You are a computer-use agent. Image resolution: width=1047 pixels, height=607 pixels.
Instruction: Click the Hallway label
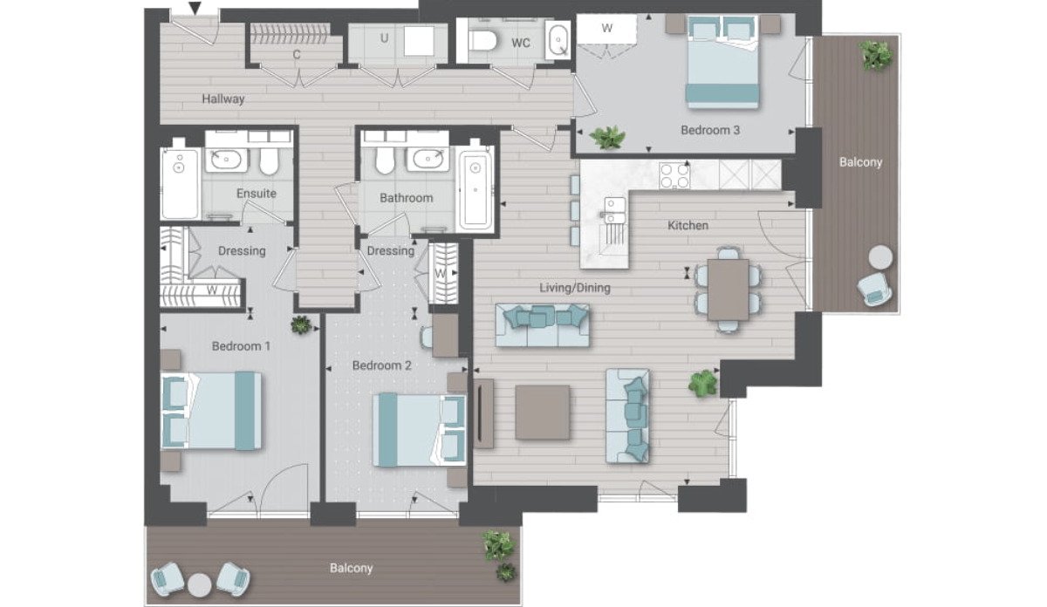tap(223, 99)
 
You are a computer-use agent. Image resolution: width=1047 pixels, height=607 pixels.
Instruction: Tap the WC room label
tap(521, 44)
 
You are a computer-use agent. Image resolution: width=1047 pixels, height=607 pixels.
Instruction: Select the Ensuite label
tap(257, 194)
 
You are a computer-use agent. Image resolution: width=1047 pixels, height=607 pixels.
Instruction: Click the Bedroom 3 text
tap(710, 130)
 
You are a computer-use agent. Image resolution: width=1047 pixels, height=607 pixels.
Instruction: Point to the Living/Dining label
tap(575, 288)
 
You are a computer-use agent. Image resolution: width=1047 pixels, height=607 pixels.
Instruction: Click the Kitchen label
tap(688, 226)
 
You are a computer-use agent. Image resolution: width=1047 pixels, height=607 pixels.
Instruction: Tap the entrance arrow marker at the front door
tap(195, 8)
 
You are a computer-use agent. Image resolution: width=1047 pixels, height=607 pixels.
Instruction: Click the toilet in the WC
tap(482, 41)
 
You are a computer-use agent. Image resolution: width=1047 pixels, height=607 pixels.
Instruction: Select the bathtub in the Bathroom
tap(476, 189)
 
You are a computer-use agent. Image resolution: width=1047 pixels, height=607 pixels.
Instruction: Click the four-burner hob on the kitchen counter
tap(674, 175)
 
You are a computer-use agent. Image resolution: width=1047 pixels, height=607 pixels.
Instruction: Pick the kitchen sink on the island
tap(614, 210)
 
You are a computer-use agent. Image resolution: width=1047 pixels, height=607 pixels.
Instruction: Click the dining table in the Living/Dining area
tap(728, 290)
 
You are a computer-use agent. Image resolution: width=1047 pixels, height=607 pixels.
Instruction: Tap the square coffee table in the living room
tap(542, 413)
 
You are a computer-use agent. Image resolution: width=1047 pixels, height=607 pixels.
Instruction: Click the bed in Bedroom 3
tap(722, 62)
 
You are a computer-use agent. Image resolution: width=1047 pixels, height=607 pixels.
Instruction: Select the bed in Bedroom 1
tap(211, 411)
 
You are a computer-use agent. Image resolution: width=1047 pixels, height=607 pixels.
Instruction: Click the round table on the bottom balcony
tap(200, 584)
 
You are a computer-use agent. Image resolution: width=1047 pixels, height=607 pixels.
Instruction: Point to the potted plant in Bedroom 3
tap(607, 138)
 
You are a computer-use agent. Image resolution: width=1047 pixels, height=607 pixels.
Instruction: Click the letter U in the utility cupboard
tap(384, 38)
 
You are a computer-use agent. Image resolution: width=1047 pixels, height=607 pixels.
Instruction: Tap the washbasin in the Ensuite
tap(226, 160)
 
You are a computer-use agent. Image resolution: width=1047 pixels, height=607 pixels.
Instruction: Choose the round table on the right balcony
tap(880, 257)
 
